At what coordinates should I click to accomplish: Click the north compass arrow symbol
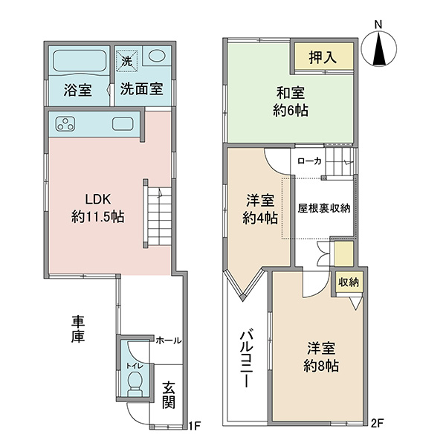pos(380,50)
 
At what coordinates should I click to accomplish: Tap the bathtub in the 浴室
pos(80,62)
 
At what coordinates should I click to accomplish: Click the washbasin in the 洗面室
pos(156,56)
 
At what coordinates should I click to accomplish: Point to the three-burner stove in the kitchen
pos(65,124)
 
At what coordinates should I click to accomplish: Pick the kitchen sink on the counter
pos(123,124)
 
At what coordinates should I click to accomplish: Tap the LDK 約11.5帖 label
pos(97,208)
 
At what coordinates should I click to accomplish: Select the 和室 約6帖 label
pos(291,102)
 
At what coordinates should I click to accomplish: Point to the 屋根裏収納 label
pos(324,208)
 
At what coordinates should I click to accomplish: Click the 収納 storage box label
pos(349,282)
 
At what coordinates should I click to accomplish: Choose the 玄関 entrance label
pos(169,395)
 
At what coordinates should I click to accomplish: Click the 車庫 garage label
pos(77,330)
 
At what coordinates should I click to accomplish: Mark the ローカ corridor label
pos(309,161)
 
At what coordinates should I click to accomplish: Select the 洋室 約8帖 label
pos(321,358)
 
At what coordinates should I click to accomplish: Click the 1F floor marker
pos(195,426)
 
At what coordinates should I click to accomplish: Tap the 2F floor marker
pos(378,424)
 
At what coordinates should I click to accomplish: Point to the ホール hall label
pos(169,340)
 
